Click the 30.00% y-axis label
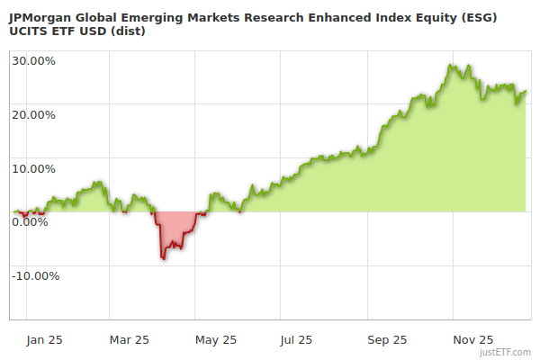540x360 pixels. (x=33, y=61)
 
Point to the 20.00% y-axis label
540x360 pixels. (x=33, y=114)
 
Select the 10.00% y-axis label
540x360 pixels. (x=33, y=168)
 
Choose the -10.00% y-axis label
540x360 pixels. (x=35, y=275)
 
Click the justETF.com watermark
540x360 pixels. (x=506, y=352)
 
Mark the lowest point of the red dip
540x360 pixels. (x=164, y=259)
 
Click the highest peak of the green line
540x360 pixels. (x=451, y=65)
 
